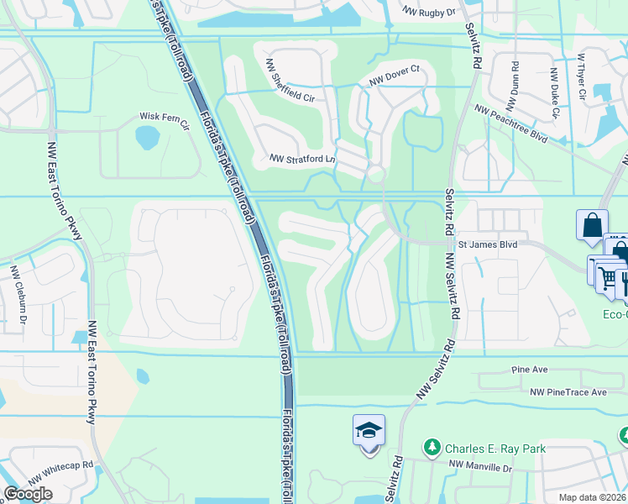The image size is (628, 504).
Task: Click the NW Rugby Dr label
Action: click(x=427, y=13)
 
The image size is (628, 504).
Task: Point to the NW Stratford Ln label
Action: click(x=302, y=158)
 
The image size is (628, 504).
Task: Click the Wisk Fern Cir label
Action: click(x=165, y=118)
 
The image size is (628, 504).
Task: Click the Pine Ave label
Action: click(x=529, y=370)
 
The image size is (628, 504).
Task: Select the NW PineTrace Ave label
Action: click(x=568, y=392)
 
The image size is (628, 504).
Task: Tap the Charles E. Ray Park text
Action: click(x=495, y=449)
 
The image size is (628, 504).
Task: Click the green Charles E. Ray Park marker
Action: click(x=432, y=448)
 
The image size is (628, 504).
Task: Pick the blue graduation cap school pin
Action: click(x=369, y=432)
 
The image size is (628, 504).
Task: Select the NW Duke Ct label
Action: click(x=554, y=92)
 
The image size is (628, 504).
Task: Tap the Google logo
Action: click(x=28, y=494)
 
